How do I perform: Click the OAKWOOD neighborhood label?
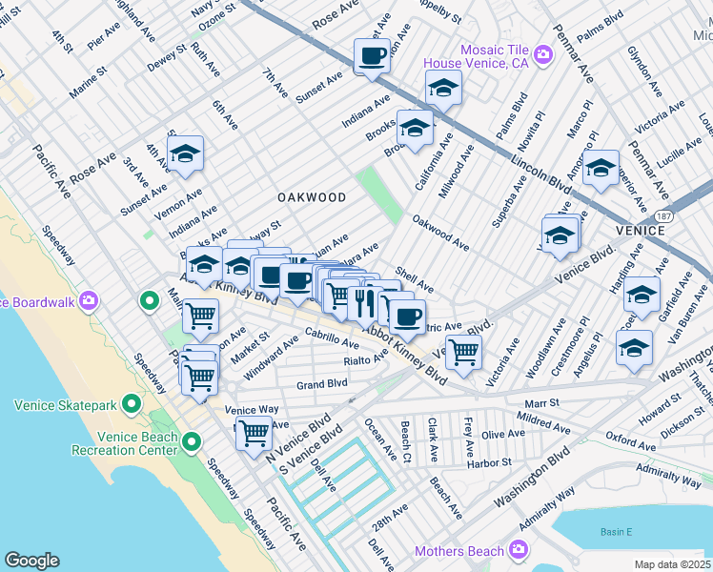311,197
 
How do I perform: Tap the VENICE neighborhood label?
641,231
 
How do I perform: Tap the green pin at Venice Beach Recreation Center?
192,441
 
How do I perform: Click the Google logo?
31,561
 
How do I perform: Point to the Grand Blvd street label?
321,385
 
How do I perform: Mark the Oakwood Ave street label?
440,233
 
